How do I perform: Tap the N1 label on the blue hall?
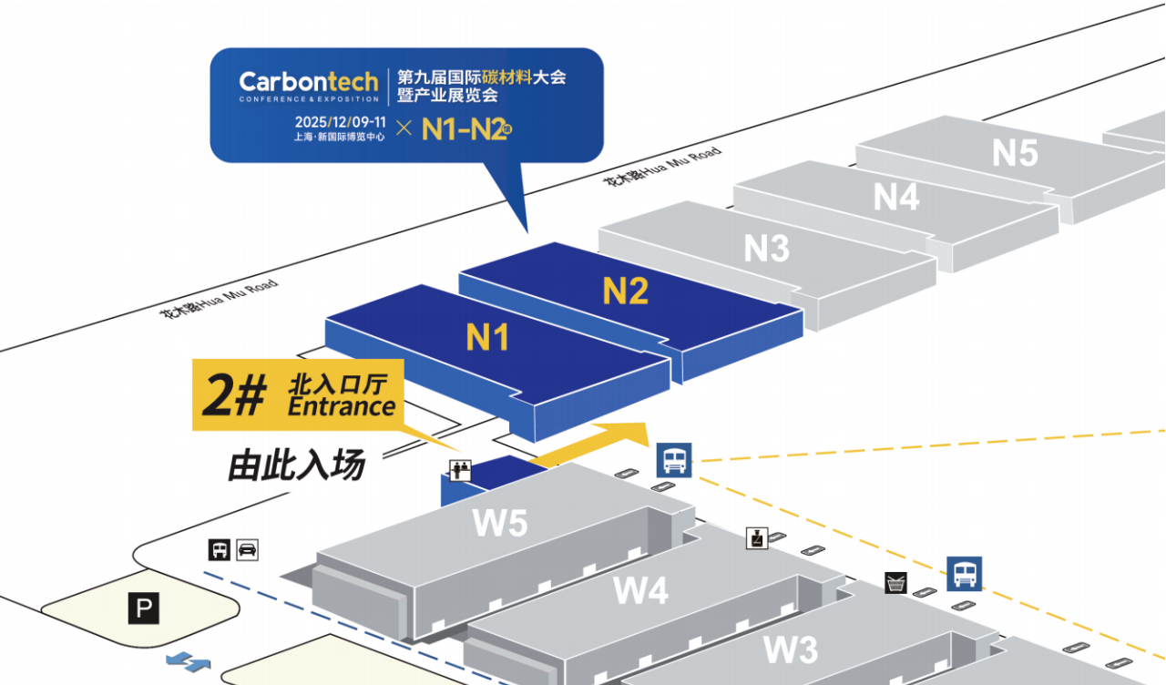click(x=486, y=337)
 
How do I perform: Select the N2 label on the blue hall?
click(x=625, y=291)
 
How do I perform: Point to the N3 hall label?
click(x=766, y=248)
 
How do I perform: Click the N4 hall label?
click(x=896, y=197)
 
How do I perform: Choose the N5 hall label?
click(x=1015, y=153)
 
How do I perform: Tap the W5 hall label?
click(x=500, y=524)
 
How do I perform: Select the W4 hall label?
click(x=640, y=590)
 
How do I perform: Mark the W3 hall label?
click(x=790, y=650)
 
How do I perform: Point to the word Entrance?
click(x=342, y=406)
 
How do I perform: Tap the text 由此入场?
click(x=297, y=465)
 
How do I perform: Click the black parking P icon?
click(x=143, y=608)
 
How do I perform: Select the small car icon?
click(x=247, y=549)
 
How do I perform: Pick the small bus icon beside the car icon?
click(x=220, y=549)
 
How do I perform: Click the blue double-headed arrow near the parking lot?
click(x=189, y=661)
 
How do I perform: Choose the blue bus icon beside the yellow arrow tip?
click(x=673, y=460)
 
